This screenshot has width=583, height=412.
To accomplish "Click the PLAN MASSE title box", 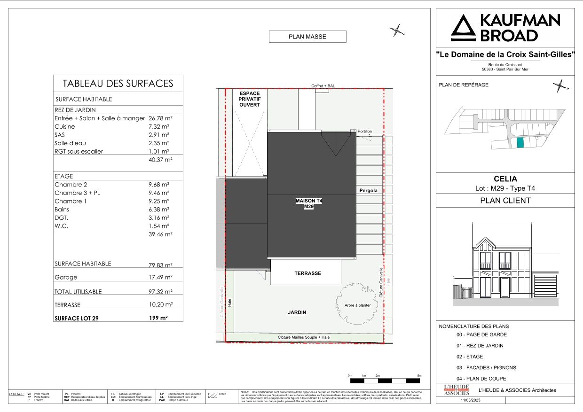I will click(307, 37).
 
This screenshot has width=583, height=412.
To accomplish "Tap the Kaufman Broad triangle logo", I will click(464, 28).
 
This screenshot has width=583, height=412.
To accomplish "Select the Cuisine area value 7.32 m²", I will click(159, 127).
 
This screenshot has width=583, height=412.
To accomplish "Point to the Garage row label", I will click(66, 278).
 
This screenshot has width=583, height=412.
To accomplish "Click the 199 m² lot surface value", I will click(158, 318).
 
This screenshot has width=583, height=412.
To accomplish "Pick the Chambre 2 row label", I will click(71, 185).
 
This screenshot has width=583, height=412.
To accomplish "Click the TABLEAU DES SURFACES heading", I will click(118, 84).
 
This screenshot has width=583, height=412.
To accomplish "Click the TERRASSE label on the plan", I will click(307, 273).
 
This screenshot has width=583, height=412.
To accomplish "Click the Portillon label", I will click(364, 132).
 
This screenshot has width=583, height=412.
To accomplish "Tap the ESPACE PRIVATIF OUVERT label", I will click(249, 99).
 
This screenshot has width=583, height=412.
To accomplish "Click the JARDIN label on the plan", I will click(297, 312).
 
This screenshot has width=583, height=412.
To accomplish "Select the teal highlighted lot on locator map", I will click(520, 143).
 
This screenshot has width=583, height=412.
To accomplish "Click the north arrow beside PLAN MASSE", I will click(397, 31).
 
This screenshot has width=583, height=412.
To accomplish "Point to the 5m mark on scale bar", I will click(419, 376).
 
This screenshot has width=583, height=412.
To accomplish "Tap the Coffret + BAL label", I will click(323, 86).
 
